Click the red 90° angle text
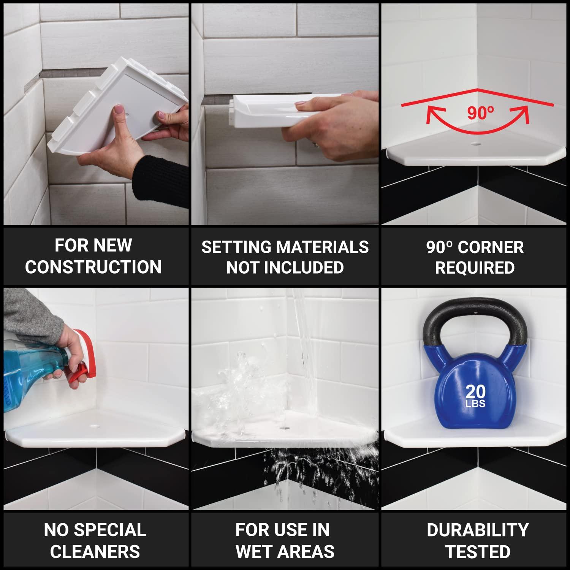pos(480,113)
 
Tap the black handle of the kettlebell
pos(475,310)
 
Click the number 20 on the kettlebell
pos(475,391)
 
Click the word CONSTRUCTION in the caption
pos(93,267)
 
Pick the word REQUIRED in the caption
pos(475,268)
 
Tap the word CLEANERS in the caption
pos(95,552)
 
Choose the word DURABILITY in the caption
pos(478,530)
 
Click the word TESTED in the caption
pos(478,552)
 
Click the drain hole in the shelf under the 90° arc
pos(475,144)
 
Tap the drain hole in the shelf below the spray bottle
pos(94,426)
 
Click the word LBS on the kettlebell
pos(475,404)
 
